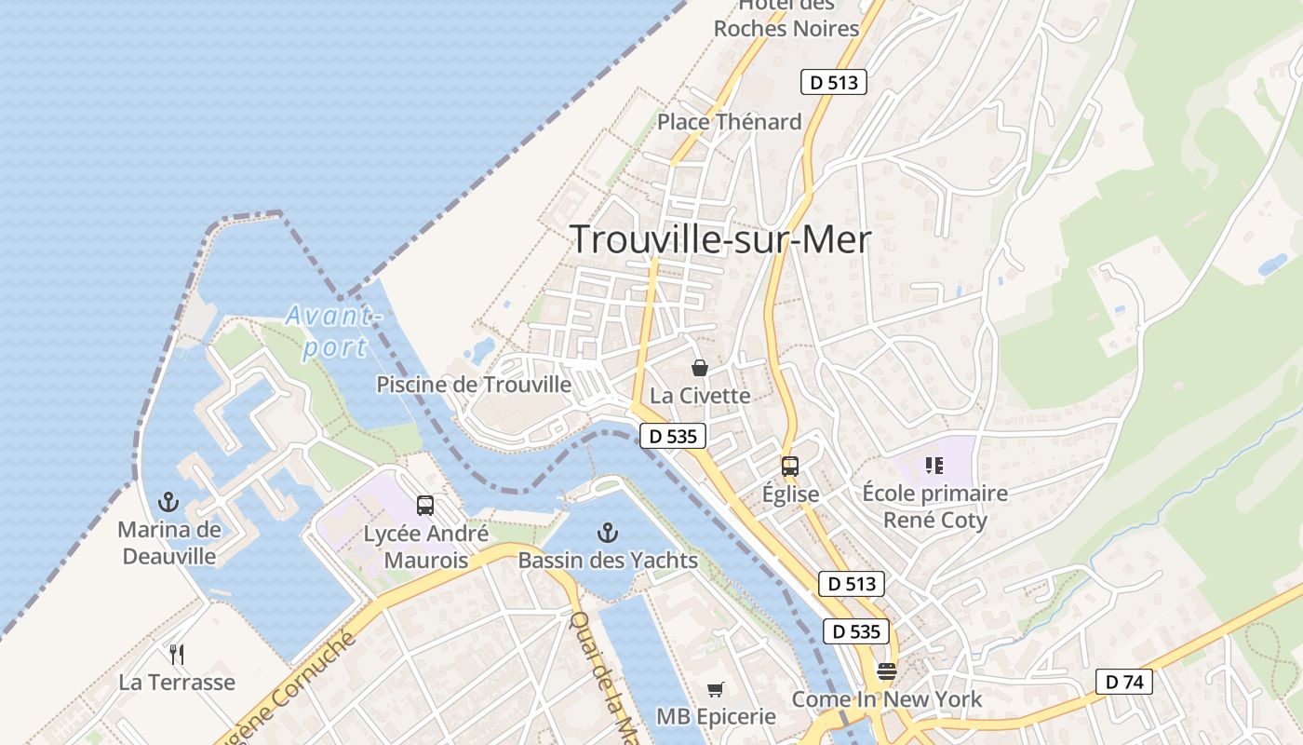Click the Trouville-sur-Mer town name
720,240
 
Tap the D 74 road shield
1124,682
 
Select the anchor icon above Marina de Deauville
168,503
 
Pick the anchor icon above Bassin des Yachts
607,533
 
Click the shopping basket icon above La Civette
700,368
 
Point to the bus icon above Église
790,467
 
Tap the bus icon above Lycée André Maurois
425,506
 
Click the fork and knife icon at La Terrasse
177,655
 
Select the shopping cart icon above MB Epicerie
716,689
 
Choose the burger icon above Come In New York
887,671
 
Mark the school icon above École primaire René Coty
934,465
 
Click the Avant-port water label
334,331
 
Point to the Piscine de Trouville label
474,385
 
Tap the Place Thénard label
730,122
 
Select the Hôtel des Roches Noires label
786,19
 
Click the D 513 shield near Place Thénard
834,82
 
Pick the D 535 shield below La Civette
673,435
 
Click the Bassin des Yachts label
608,561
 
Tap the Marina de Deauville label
169,543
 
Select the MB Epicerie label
716,716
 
